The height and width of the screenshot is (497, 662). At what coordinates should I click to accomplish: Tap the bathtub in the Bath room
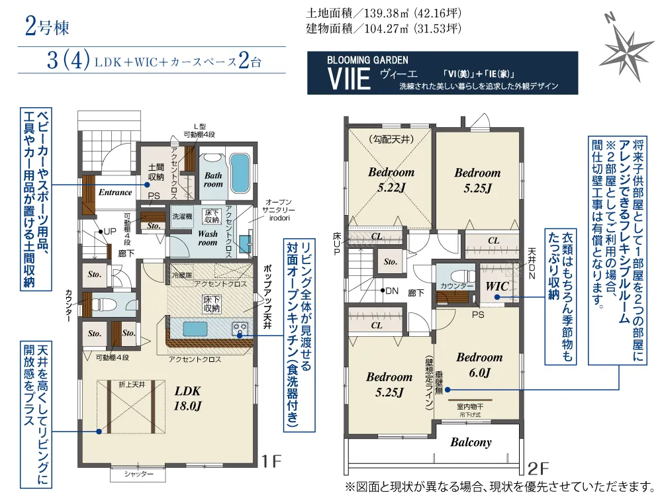pyautogui.click(x=240, y=173)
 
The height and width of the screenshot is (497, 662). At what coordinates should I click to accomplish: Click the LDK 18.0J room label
pyautogui.click(x=188, y=398)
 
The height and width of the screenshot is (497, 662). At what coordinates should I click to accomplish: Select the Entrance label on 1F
pyautogui.click(x=115, y=193)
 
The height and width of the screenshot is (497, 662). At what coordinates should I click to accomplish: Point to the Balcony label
pyautogui.click(x=471, y=442)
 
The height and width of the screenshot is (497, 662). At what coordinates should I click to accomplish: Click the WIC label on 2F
pyautogui.click(x=497, y=287)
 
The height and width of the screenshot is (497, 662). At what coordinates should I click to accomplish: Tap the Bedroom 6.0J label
pyautogui.click(x=479, y=365)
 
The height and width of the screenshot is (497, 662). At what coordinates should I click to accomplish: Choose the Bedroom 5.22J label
pyautogui.click(x=391, y=179)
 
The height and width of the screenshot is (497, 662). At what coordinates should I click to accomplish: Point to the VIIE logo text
pyautogui.click(x=349, y=79)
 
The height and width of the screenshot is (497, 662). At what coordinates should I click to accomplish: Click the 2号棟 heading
pyautogui.click(x=47, y=27)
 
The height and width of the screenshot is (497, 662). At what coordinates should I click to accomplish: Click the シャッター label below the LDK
pyautogui.click(x=138, y=474)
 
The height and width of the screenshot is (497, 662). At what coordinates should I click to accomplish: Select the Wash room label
pyautogui.click(x=208, y=238)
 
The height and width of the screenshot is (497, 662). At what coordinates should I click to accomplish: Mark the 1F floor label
pyautogui.click(x=271, y=461)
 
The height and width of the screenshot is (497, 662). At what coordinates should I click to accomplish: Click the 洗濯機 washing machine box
pyautogui.click(x=182, y=216)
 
